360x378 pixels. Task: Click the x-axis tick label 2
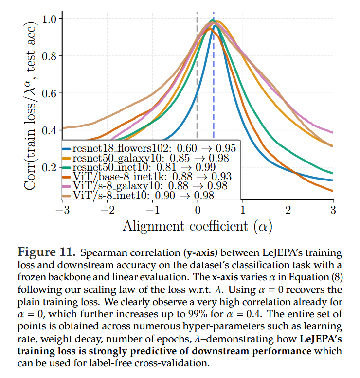coord(288,211)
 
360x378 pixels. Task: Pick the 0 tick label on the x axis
coord(197,211)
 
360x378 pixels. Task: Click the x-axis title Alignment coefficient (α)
coord(197,226)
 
